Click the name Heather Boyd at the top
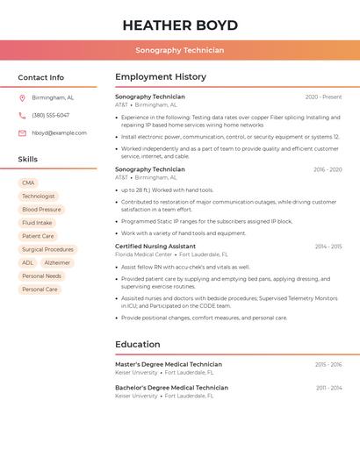[180, 25]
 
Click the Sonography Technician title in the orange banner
[180, 50]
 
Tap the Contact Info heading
[41, 77]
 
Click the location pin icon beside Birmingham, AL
[22, 97]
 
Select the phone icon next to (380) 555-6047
[22, 115]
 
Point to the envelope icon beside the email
[22, 133]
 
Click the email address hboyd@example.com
[59, 133]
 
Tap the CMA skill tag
[29, 183]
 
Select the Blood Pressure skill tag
[41, 210]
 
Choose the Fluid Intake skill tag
[37, 223]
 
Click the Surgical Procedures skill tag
[47, 249]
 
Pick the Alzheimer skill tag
[57, 262]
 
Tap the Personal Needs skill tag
[41, 275]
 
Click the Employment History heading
[161, 77]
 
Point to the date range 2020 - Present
[323, 97]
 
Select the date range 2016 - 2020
[327, 169]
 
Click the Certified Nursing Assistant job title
[155, 247]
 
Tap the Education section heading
[138, 344]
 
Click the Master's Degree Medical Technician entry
[169, 364]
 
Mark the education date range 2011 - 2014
[328, 388]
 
